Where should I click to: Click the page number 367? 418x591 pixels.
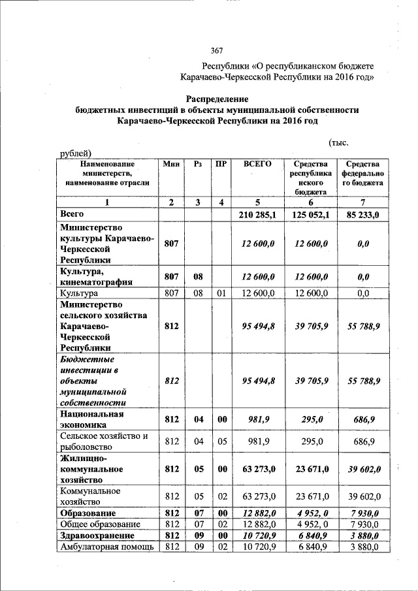pyautogui.click(x=217, y=51)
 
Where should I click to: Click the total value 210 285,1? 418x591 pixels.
pyautogui.click(x=257, y=214)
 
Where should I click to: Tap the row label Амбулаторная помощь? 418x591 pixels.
pyautogui.click(x=106, y=546)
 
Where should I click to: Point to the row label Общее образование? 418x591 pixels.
pyautogui.click(x=100, y=524)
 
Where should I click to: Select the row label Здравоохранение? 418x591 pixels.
pyautogui.click(x=97, y=535)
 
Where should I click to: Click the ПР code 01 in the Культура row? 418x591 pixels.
pyautogui.click(x=221, y=294)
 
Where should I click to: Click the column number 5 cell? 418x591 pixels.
pyautogui.click(x=257, y=202)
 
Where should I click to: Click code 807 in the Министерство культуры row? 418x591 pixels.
pyautogui.click(x=171, y=243)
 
